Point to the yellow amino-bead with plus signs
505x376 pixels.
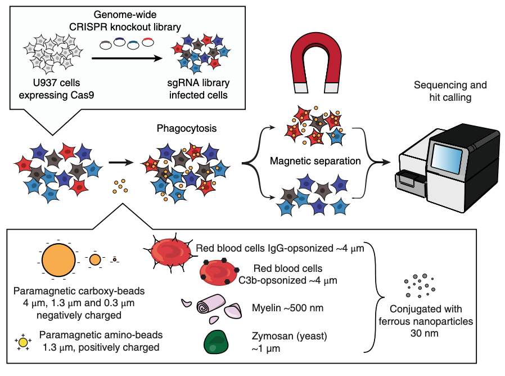tap(23, 341)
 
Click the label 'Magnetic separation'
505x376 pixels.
tap(315, 161)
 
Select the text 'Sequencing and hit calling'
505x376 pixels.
tap(450, 91)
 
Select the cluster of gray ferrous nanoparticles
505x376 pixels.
tap(418, 285)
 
